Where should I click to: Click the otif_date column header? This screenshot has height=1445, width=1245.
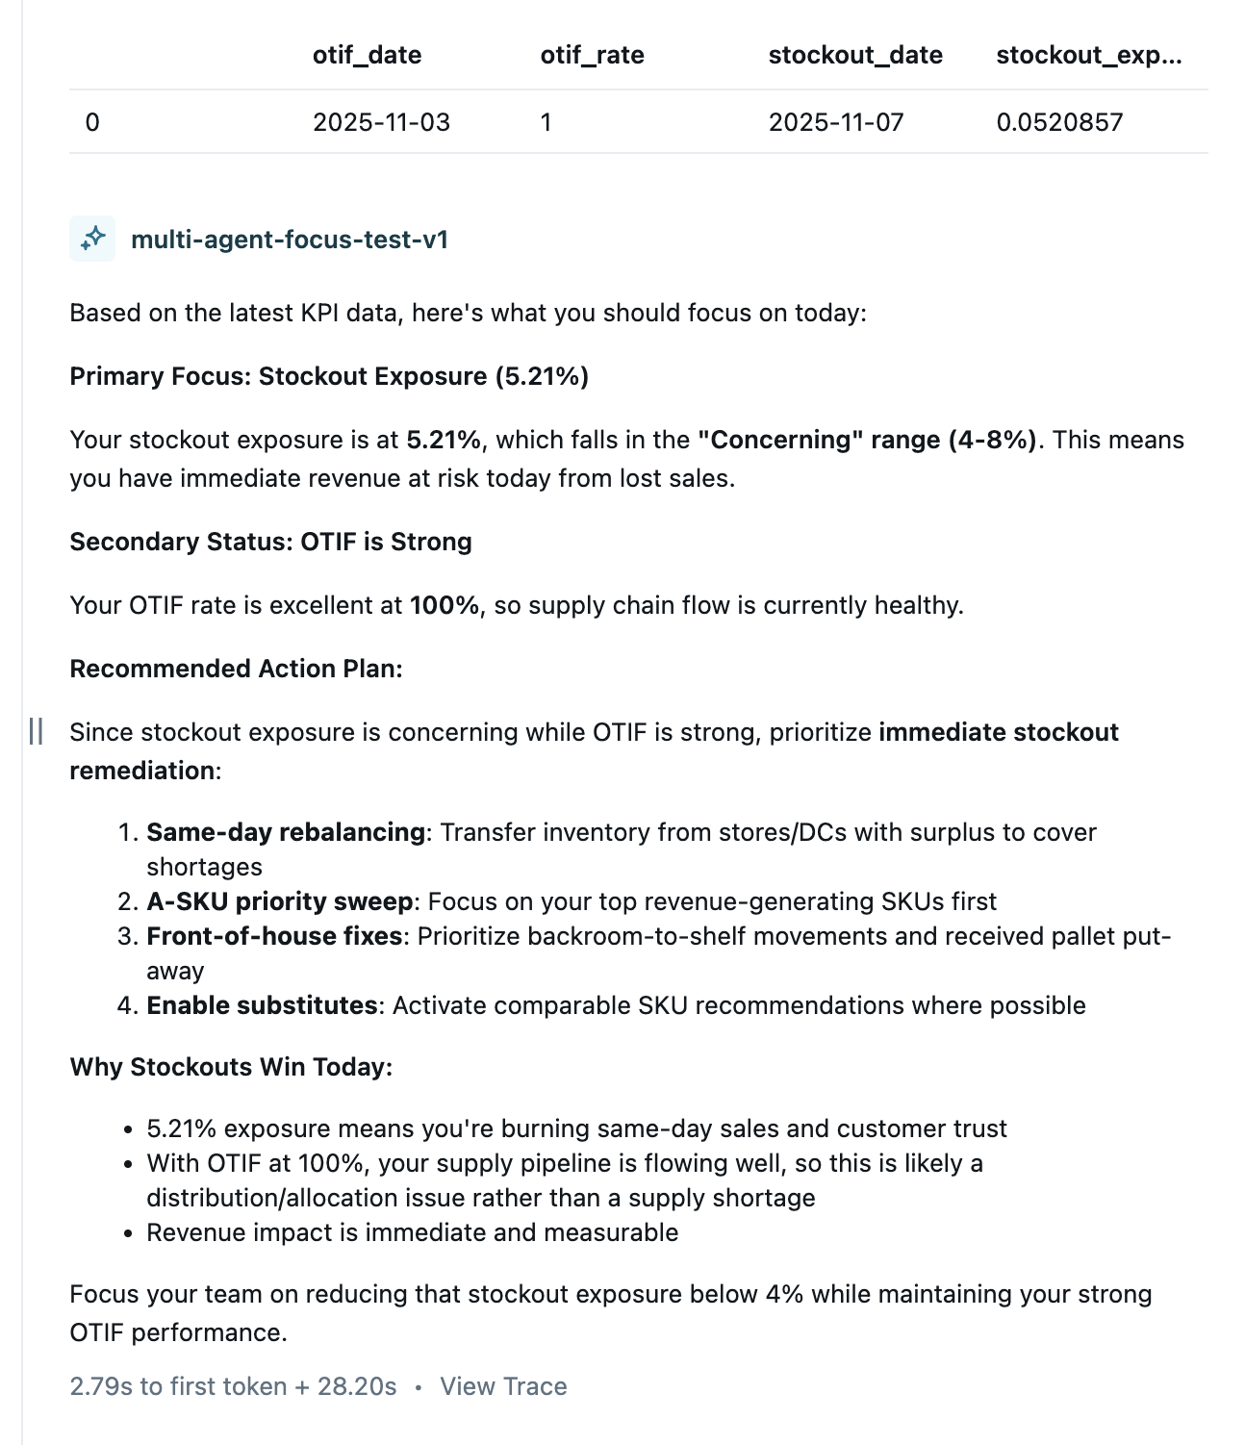point(367,55)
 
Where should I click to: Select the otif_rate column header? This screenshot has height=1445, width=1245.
point(592,55)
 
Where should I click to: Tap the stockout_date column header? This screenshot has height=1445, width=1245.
point(855,55)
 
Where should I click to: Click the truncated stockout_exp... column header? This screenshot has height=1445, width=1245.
point(1089,55)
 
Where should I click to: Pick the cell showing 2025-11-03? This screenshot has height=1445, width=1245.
point(381,122)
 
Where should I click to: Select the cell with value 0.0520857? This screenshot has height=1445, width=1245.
point(1059,122)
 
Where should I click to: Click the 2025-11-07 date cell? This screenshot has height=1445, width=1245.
point(836,122)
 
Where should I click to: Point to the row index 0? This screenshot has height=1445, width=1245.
point(92,122)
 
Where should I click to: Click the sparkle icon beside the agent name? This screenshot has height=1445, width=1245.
point(92,239)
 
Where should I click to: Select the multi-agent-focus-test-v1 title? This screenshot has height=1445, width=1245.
point(290,240)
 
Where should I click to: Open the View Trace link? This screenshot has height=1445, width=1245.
point(503,1386)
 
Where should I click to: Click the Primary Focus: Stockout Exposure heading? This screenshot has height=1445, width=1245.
point(329,376)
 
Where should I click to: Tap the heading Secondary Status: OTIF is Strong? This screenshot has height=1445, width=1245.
point(270,542)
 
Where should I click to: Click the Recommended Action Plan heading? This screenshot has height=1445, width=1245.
point(236,669)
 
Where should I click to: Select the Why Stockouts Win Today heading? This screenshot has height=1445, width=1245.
point(231,1067)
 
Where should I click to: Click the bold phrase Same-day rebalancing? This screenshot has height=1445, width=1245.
point(286,832)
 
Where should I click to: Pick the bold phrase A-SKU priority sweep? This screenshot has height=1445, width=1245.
point(279,901)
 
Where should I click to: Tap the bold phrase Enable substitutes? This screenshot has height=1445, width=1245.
point(262,1005)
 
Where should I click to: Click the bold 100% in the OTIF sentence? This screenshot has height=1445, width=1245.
point(445,605)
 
